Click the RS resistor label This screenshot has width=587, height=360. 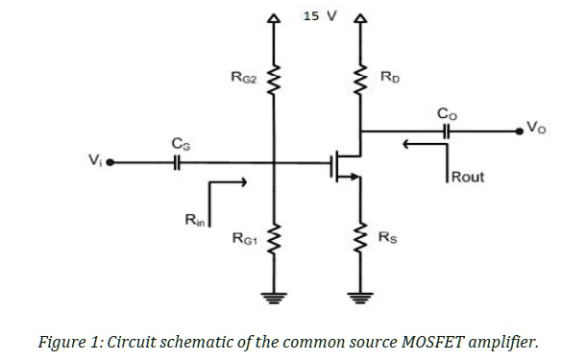(386, 236)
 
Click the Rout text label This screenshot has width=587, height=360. (468, 177)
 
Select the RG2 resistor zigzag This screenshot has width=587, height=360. (273, 81)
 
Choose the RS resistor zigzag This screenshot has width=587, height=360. (362, 235)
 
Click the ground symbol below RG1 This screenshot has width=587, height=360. (273, 297)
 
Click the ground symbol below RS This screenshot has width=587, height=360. (362, 297)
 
